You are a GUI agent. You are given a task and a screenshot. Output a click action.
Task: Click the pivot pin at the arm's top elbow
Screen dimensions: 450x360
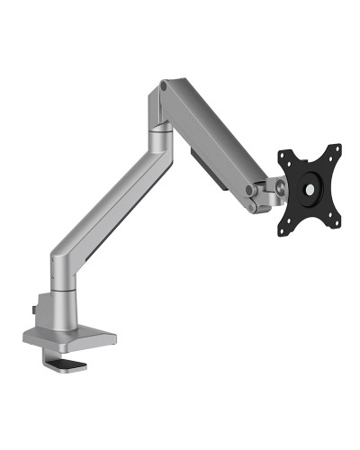pyautogui.click(x=163, y=87)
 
